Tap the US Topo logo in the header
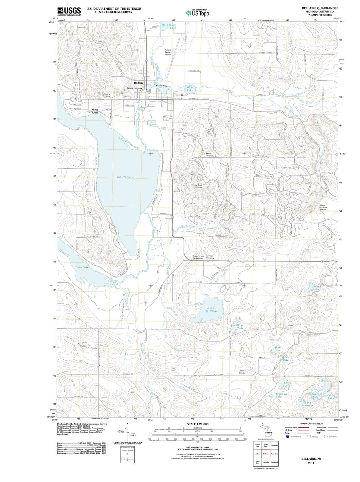pyautogui.click(x=198, y=13)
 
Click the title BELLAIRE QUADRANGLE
pyautogui.click(x=320, y=8)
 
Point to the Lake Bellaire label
pyautogui.click(x=125, y=177)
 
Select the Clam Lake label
pyautogui.click(x=82, y=267)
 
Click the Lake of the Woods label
pyautogui.click(x=211, y=309)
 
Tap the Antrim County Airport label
pyautogui.click(x=168, y=52)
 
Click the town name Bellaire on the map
pyautogui.click(x=139, y=83)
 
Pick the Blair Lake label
pyautogui.click(x=190, y=89)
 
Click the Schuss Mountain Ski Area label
pyautogui.click(x=323, y=207)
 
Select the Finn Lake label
pyautogui.click(x=240, y=327)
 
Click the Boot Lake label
pyautogui.click(x=316, y=288)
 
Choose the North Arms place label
pyautogui.click(x=95, y=111)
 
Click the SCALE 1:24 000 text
pyautogui.click(x=197, y=424)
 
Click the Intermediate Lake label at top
pyautogui.click(x=168, y=26)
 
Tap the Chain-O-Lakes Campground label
pyautogui.click(x=198, y=257)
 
